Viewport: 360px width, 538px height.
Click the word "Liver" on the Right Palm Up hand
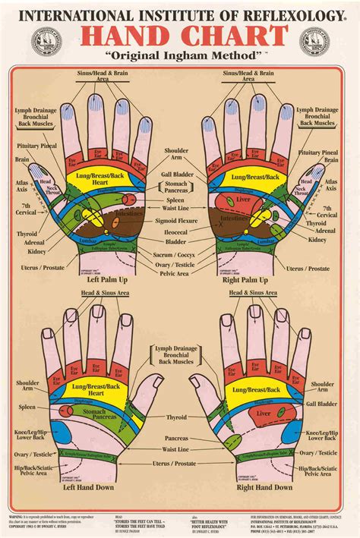click(241, 201)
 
